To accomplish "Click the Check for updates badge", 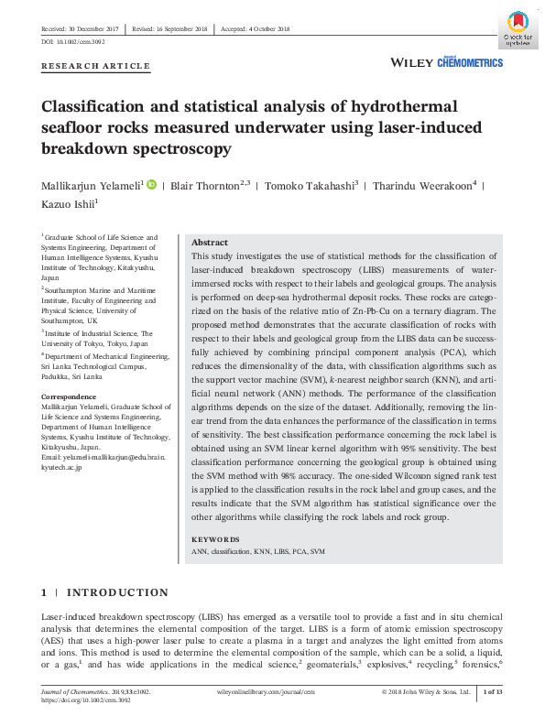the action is click(x=515, y=29).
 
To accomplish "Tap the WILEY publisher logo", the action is click(x=411, y=62).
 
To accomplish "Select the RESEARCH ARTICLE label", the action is click(x=96, y=66).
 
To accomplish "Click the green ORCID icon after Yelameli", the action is click(x=151, y=186).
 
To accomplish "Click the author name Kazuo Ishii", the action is click(x=69, y=202).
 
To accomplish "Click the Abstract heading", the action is click(x=210, y=243).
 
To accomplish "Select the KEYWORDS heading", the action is click(x=215, y=539).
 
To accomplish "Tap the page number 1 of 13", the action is click(x=492, y=692).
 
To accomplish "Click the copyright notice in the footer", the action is click(x=426, y=692).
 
